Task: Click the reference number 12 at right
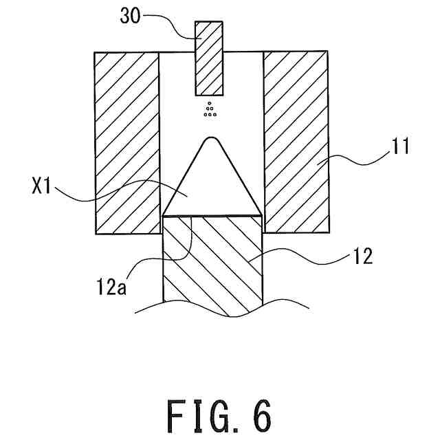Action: (362, 257)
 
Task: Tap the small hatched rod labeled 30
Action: (209, 58)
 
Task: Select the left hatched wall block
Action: (127, 142)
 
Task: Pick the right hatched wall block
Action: (296, 142)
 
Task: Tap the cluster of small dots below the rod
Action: (210, 110)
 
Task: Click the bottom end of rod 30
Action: (209, 94)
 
